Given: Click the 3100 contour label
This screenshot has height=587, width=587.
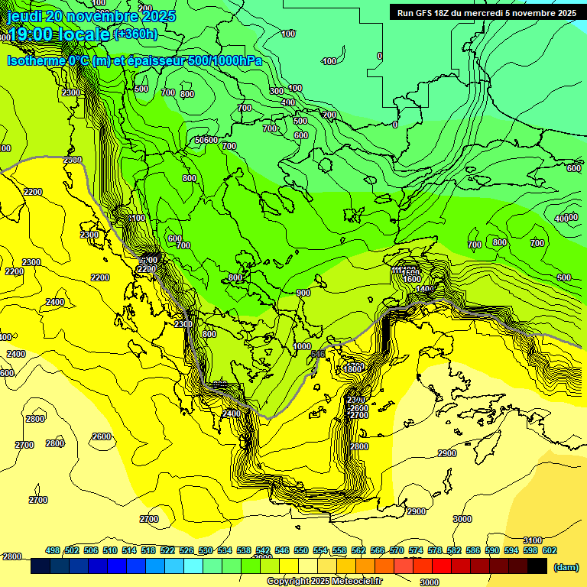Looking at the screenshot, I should (532, 540).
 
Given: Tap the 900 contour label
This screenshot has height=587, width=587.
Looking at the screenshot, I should (303, 293).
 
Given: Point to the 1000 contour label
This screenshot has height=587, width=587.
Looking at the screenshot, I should (302, 346).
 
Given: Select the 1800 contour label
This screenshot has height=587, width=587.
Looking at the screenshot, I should (352, 369).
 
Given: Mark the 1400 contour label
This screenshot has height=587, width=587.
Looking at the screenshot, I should (424, 289).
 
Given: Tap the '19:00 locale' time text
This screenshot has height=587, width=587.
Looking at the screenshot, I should (59, 35).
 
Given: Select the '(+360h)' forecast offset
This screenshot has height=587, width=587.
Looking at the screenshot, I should (136, 34).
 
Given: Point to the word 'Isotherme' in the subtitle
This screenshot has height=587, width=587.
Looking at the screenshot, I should (36, 60).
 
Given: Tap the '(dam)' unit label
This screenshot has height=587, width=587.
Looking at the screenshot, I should (566, 567).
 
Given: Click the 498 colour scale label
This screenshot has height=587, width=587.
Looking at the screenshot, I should (53, 550).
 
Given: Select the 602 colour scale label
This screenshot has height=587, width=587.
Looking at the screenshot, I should (550, 550).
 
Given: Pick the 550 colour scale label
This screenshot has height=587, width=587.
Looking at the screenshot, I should (301, 550).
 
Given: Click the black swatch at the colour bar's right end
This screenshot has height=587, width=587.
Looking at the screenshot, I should (537, 566).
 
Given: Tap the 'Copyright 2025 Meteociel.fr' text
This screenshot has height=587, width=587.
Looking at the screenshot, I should (324, 582).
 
